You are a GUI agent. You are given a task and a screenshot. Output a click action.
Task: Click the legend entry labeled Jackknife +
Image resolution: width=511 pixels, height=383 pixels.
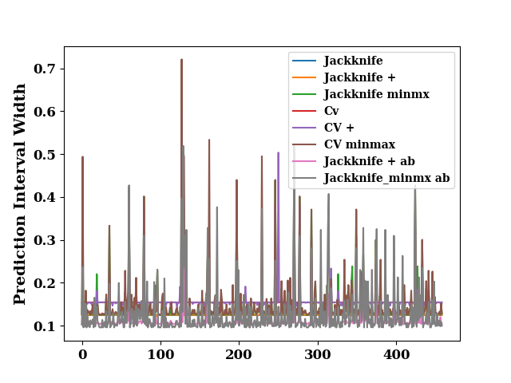click(359, 77)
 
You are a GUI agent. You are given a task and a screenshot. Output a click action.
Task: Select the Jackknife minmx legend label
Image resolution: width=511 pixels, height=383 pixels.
click(376, 94)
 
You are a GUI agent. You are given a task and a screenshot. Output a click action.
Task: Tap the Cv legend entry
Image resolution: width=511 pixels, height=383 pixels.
click(331, 111)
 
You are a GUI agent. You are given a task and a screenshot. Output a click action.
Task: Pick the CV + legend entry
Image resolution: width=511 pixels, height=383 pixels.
click(339, 128)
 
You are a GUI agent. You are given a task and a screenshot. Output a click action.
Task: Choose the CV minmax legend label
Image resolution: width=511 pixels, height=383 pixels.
click(359, 144)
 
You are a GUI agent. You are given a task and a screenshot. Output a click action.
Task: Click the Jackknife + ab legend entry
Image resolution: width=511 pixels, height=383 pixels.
click(369, 161)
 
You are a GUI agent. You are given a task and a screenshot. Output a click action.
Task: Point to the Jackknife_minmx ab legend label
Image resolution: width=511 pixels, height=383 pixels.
click(386, 178)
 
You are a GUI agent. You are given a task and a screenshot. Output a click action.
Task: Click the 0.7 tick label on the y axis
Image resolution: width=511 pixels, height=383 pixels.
click(45, 69)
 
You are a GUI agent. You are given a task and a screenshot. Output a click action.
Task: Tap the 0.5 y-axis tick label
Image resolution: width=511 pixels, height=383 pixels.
click(45, 154)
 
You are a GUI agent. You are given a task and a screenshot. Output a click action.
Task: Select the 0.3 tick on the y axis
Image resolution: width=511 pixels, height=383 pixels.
click(45, 240)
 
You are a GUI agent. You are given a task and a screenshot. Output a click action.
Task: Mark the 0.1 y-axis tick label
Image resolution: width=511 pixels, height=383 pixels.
click(45, 326)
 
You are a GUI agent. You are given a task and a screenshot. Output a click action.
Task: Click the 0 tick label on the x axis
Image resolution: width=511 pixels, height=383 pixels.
click(83, 354)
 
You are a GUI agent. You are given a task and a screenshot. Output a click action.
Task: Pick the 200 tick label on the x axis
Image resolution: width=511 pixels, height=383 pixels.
click(239, 354)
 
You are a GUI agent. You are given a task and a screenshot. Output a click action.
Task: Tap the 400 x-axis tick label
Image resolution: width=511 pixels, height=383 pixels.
click(396, 354)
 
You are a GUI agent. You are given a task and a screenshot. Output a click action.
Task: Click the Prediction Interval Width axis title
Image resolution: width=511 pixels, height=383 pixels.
click(19, 194)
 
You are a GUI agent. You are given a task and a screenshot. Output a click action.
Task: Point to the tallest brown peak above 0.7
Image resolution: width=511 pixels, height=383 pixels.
click(181, 60)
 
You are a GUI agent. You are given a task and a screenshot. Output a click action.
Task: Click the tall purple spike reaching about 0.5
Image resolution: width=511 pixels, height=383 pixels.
click(278, 152)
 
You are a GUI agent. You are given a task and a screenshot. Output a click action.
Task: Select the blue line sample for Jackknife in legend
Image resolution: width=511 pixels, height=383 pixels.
click(304, 61)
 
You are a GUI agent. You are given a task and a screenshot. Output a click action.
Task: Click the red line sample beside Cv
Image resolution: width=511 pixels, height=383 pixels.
click(304, 111)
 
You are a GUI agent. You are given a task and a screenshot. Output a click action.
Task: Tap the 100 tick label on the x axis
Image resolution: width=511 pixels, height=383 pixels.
click(160, 354)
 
